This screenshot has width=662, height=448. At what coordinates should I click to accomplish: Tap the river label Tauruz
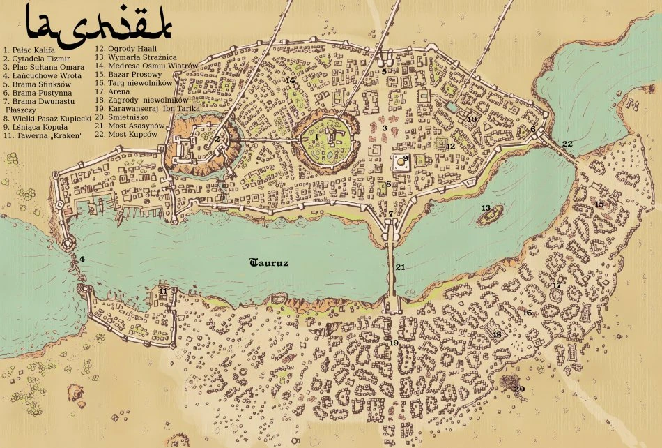click(x=268, y=263)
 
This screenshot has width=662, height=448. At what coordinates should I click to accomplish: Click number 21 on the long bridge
click(x=399, y=267)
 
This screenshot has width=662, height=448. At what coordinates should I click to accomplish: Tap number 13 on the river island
click(x=486, y=208)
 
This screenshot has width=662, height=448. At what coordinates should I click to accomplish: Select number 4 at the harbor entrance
click(x=82, y=260)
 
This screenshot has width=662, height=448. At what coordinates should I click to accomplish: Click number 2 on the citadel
click(x=217, y=139)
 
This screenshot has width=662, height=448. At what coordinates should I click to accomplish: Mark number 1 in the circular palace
click(x=316, y=137)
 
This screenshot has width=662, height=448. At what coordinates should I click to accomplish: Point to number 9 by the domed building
click(x=405, y=158)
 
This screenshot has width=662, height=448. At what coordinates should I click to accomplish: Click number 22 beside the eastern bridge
click(x=567, y=144)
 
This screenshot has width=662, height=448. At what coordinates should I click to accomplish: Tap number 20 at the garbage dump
click(x=520, y=389)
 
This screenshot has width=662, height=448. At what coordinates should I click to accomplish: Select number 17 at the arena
click(x=556, y=285)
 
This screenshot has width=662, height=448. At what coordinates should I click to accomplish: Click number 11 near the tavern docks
click(x=163, y=291)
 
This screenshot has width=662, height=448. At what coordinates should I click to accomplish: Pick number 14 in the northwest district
click(x=291, y=81)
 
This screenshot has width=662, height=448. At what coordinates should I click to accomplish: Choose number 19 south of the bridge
click(x=394, y=343)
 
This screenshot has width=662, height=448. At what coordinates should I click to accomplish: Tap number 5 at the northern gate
click(x=384, y=71)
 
